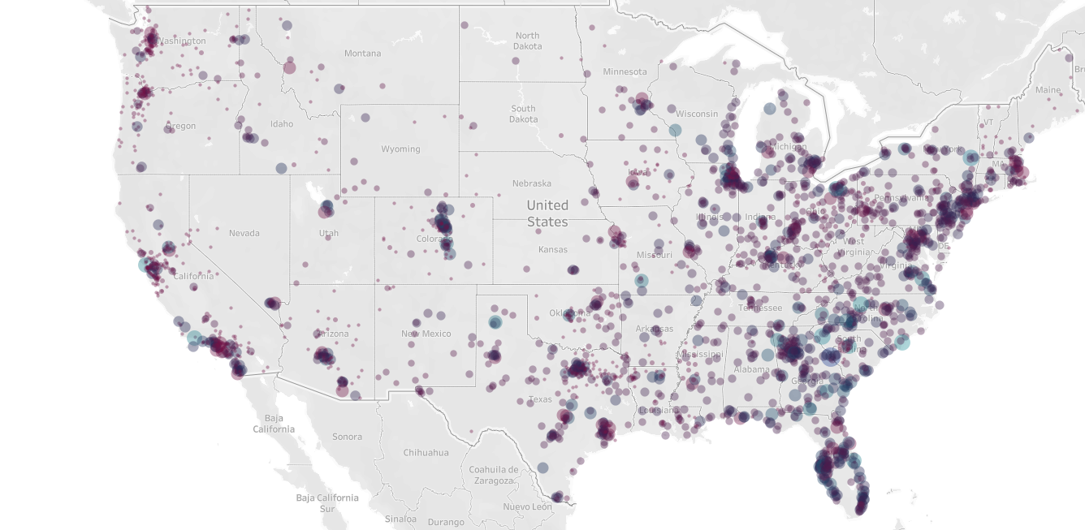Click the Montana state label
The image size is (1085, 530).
pos(362,54)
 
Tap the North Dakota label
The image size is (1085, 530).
pos(527,41)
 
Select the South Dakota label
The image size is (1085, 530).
pos(523,114)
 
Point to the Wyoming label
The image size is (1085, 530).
pos(400,149)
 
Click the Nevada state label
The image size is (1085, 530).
pos(244,233)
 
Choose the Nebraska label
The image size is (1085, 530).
pos(531,183)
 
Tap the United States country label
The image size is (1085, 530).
pos(547,213)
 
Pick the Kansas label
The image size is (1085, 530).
pos(552,249)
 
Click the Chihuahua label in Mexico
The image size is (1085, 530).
pos(426,453)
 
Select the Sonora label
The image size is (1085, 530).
pos(347,437)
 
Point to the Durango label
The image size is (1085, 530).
pos(445,523)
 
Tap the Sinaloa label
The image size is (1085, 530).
pos(400,519)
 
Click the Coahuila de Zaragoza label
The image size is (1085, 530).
pos(493,475)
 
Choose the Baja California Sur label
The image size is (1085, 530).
pos(326,503)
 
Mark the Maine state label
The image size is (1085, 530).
pos(1048,90)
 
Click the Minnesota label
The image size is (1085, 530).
pos(625,72)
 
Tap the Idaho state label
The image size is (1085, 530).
pos(282,124)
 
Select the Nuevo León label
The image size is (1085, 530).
pos(527,507)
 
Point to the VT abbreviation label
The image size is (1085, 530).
pos(988,123)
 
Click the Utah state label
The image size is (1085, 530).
pos(328,233)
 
